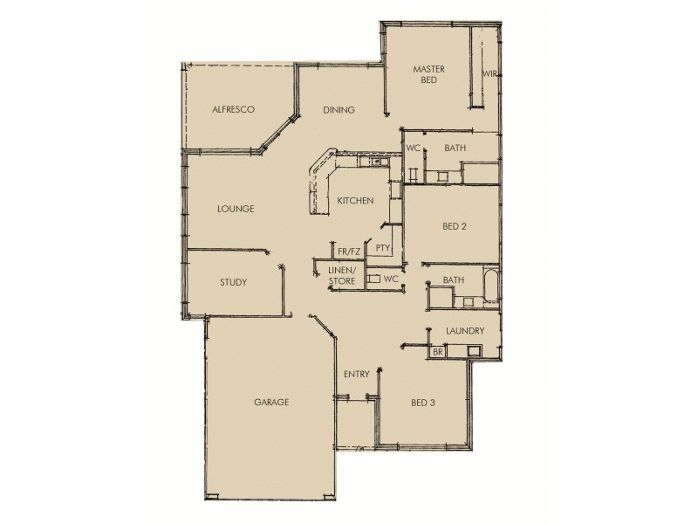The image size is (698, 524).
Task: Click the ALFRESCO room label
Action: (234, 110)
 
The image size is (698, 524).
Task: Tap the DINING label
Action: (339, 110)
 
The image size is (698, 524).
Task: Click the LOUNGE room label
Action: (236, 210)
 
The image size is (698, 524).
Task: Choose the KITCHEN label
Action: (356, 201)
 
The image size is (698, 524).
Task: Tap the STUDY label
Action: (233, 283)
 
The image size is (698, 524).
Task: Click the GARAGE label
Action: (271, 403)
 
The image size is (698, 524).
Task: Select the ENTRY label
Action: (356, 375)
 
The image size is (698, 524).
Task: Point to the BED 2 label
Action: (455, 226)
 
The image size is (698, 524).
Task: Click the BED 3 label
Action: (422, 403)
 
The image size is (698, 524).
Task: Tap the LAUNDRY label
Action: (464, 332)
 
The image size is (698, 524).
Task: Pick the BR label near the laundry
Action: (437, 352)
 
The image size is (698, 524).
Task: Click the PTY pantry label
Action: (382, 249)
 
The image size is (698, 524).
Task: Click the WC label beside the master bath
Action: (413, 148)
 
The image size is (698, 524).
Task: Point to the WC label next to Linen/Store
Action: (391, 279)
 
